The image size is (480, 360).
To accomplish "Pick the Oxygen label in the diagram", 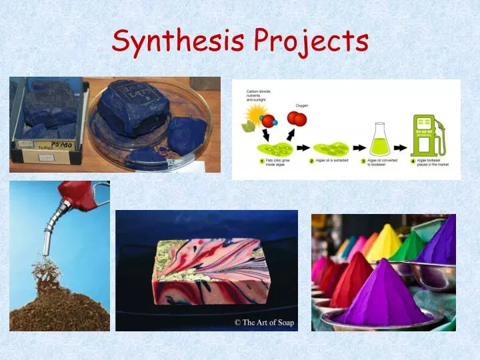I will pos(302,105).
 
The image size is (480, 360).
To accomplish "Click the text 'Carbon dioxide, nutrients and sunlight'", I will pos(259,97).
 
